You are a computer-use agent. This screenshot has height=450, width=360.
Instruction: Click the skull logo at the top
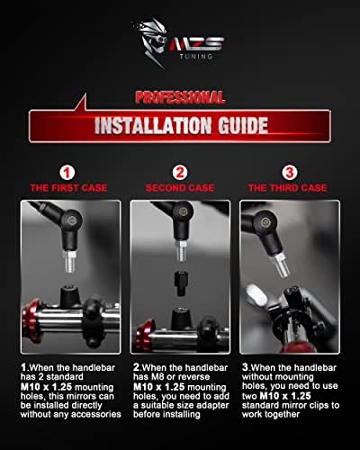click(x=150, y=42)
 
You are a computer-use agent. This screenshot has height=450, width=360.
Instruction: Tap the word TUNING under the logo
click(x=196, y=56)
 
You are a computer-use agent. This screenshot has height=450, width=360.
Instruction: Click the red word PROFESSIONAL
click(x=180, y=97)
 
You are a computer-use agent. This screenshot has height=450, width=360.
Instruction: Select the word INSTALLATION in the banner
click(x=153, y=125)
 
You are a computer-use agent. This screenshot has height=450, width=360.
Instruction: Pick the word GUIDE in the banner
click(x=243, y=125)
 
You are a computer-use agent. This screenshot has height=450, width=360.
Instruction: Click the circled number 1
click(x=67, y=173)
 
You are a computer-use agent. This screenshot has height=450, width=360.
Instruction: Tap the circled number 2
click(x=180, y=173)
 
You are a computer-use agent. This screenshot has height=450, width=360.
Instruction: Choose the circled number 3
click(x=290, y=173)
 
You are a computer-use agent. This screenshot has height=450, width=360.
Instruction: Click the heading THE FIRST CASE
click(x=68, y=188)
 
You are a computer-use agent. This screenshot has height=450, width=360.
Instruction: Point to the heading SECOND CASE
click(x=180, y=188)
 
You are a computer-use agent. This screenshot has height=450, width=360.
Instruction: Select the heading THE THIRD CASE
click(x=288, y=188)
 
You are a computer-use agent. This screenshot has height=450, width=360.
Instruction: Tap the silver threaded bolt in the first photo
click(x=70, y=262)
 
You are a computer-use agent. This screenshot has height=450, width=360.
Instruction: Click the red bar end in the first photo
click(x=31, y=320)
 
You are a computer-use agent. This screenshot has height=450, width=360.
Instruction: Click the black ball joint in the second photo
click(x=183, y=211)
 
